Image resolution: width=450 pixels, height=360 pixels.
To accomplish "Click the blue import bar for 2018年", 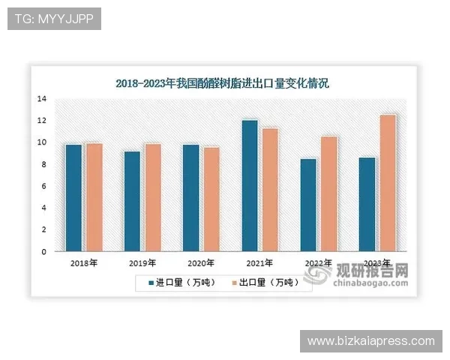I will [73, 197].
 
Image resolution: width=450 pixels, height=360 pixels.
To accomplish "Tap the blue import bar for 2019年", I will [132, 201].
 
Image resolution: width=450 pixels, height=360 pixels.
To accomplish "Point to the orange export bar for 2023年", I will [388, 183].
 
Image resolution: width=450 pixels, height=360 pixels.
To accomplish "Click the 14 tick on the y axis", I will [43, 99].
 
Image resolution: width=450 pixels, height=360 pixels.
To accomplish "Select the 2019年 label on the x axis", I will [142, 263].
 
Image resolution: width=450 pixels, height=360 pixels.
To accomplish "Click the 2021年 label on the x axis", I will [259, 263].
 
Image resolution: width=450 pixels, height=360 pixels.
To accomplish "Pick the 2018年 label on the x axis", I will [83, 263].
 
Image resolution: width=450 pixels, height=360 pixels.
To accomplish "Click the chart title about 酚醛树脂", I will [222, 83].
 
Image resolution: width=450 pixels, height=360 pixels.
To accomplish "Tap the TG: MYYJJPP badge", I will [53, 18].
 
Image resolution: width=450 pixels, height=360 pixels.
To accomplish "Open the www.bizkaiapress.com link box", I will [371, 341].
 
